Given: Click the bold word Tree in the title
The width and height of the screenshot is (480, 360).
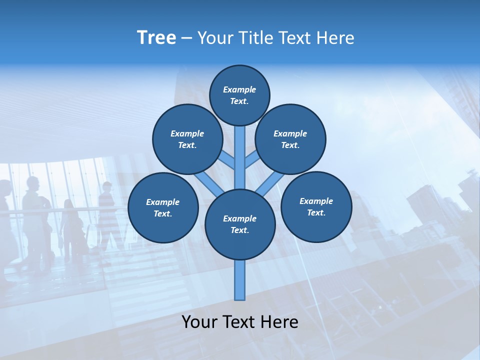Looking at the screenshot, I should click(x=156, y=38).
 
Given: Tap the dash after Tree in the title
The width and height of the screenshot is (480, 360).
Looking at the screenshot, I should click(x=186, y=38).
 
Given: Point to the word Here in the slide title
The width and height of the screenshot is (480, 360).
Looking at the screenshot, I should click(x=335, y=38).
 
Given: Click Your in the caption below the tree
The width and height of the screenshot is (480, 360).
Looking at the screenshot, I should click(x=200, y=322).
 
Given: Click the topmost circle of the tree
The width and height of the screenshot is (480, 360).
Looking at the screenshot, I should click(x=239, y=95).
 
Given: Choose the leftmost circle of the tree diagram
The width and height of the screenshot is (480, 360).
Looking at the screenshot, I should click(x=163, y=208).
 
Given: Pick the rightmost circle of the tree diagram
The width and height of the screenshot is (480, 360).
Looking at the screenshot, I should click(x=316, y=207).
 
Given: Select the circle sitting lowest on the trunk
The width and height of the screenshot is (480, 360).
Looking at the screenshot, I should click(x=240, y=224).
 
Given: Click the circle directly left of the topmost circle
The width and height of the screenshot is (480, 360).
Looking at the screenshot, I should click(x=187, y=139).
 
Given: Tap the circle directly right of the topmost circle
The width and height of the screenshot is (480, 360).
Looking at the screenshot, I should click(x=290, y=139).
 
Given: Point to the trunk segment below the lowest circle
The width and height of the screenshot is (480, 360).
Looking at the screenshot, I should click(x=240, y=280).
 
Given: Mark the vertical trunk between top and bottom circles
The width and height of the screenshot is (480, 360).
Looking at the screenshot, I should click(x=240, y=157).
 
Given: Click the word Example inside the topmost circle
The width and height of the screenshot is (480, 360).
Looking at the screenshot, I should click(x=239, y=89).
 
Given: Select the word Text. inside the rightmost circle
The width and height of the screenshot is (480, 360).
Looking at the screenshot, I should click(x=316, y=213).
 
